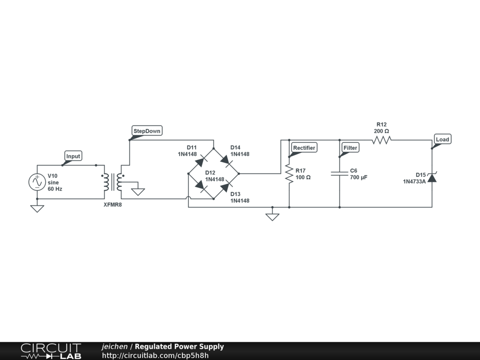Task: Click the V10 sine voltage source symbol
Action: point(37,182)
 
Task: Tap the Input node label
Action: point(73,156)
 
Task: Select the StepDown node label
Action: point(147,131)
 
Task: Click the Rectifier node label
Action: point(304,148)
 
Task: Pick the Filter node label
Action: point(350,148)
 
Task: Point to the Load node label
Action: point(442,139)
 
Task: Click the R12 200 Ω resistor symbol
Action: point(382,140)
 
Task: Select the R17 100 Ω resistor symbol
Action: point(289,173)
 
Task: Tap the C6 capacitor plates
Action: point(339,173)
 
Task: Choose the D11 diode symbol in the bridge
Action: point(201,161)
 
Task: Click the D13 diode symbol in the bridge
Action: point(226,186)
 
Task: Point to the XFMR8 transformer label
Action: point(112,204)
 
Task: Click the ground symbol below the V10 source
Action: point(37,209)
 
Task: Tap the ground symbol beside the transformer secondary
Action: point(138,192)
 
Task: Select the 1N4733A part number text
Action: point(414,181)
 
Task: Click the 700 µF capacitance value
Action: point(359,178)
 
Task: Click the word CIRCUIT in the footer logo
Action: point(51,348)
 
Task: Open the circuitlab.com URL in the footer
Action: point(155,355)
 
